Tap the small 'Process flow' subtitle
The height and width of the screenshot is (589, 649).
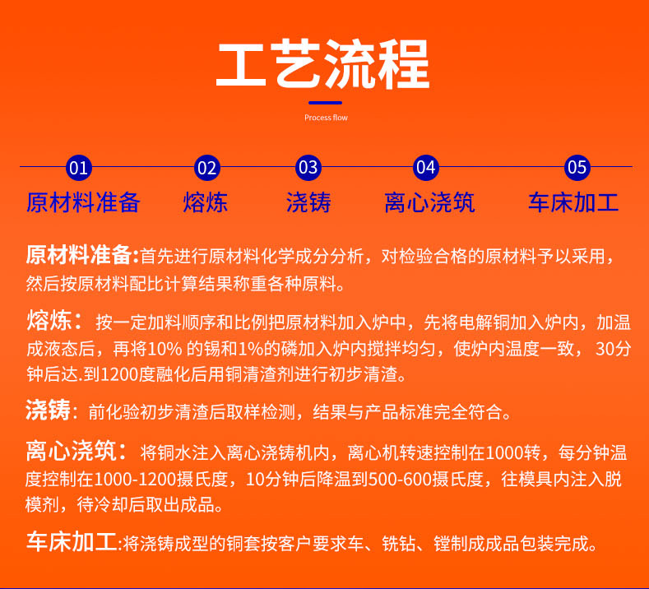point(326,118)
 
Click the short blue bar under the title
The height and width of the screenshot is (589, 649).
point(324,103)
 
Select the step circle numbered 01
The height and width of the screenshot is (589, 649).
point(77,168)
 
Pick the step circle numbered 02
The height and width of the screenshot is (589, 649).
point(207,168)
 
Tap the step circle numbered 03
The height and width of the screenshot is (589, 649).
point(308,168)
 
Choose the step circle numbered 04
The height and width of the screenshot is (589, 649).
point(425,168)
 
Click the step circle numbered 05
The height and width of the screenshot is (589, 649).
point(577,168)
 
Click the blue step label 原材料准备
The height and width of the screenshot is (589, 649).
point(83,202)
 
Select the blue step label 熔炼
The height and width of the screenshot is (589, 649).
point(206,202)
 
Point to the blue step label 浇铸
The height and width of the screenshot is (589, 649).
point(308,202)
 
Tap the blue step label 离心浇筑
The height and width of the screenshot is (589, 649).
point(429,202)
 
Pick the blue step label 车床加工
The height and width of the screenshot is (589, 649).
point(573,202)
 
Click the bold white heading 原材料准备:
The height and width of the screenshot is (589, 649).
point(82,255)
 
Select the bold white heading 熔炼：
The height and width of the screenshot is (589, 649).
point(54,321)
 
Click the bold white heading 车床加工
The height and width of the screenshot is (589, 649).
point(71,543)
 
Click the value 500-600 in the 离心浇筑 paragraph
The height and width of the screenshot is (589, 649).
point(447,479)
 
